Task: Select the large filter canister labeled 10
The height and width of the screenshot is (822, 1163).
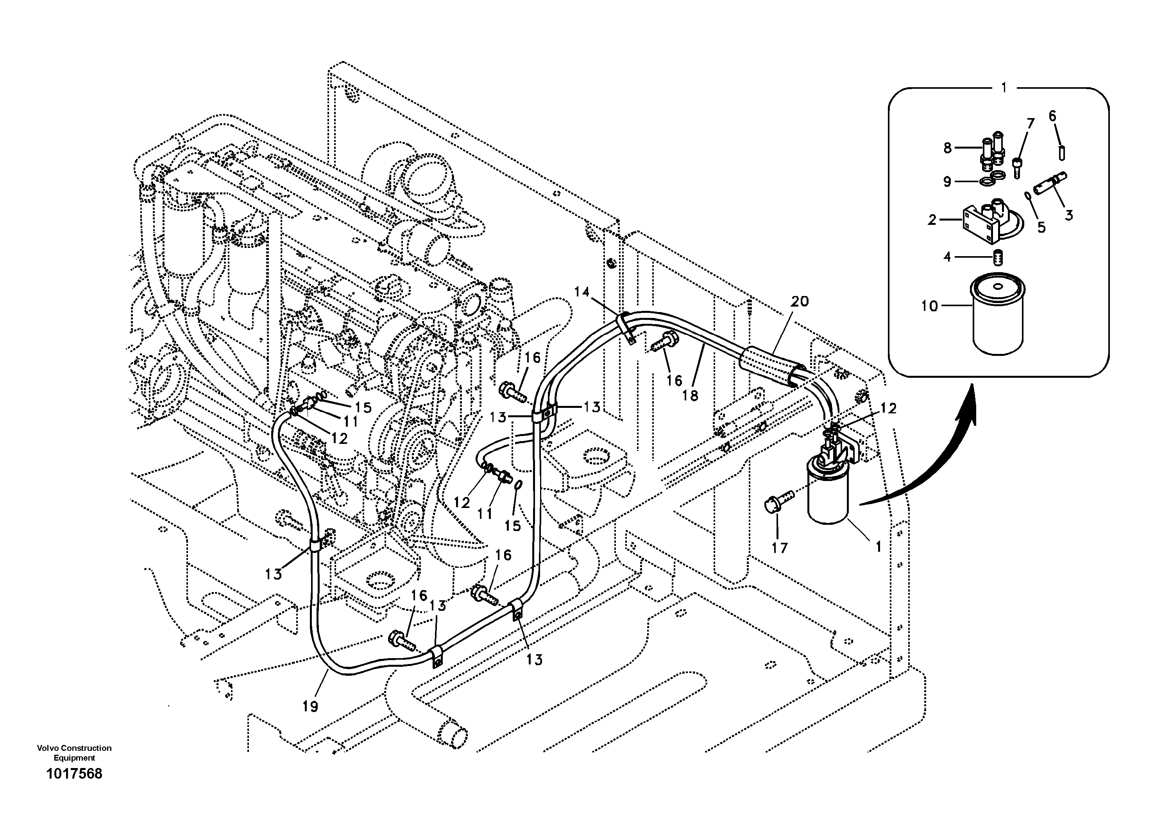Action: (x=997, y=319)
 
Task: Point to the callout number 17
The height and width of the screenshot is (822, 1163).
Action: (x=780, y=547)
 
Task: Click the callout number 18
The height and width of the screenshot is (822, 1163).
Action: (x=690, y=395)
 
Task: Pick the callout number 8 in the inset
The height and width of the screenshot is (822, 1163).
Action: (x=947, y=148)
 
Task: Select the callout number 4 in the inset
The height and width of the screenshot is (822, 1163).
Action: (x=947, y=257)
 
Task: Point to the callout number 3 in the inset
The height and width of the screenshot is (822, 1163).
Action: (x=1069, y=215)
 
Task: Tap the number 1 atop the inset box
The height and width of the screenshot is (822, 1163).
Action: (x=1004, y=88)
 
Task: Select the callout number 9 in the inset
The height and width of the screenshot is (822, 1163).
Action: (x=947, y=181)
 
